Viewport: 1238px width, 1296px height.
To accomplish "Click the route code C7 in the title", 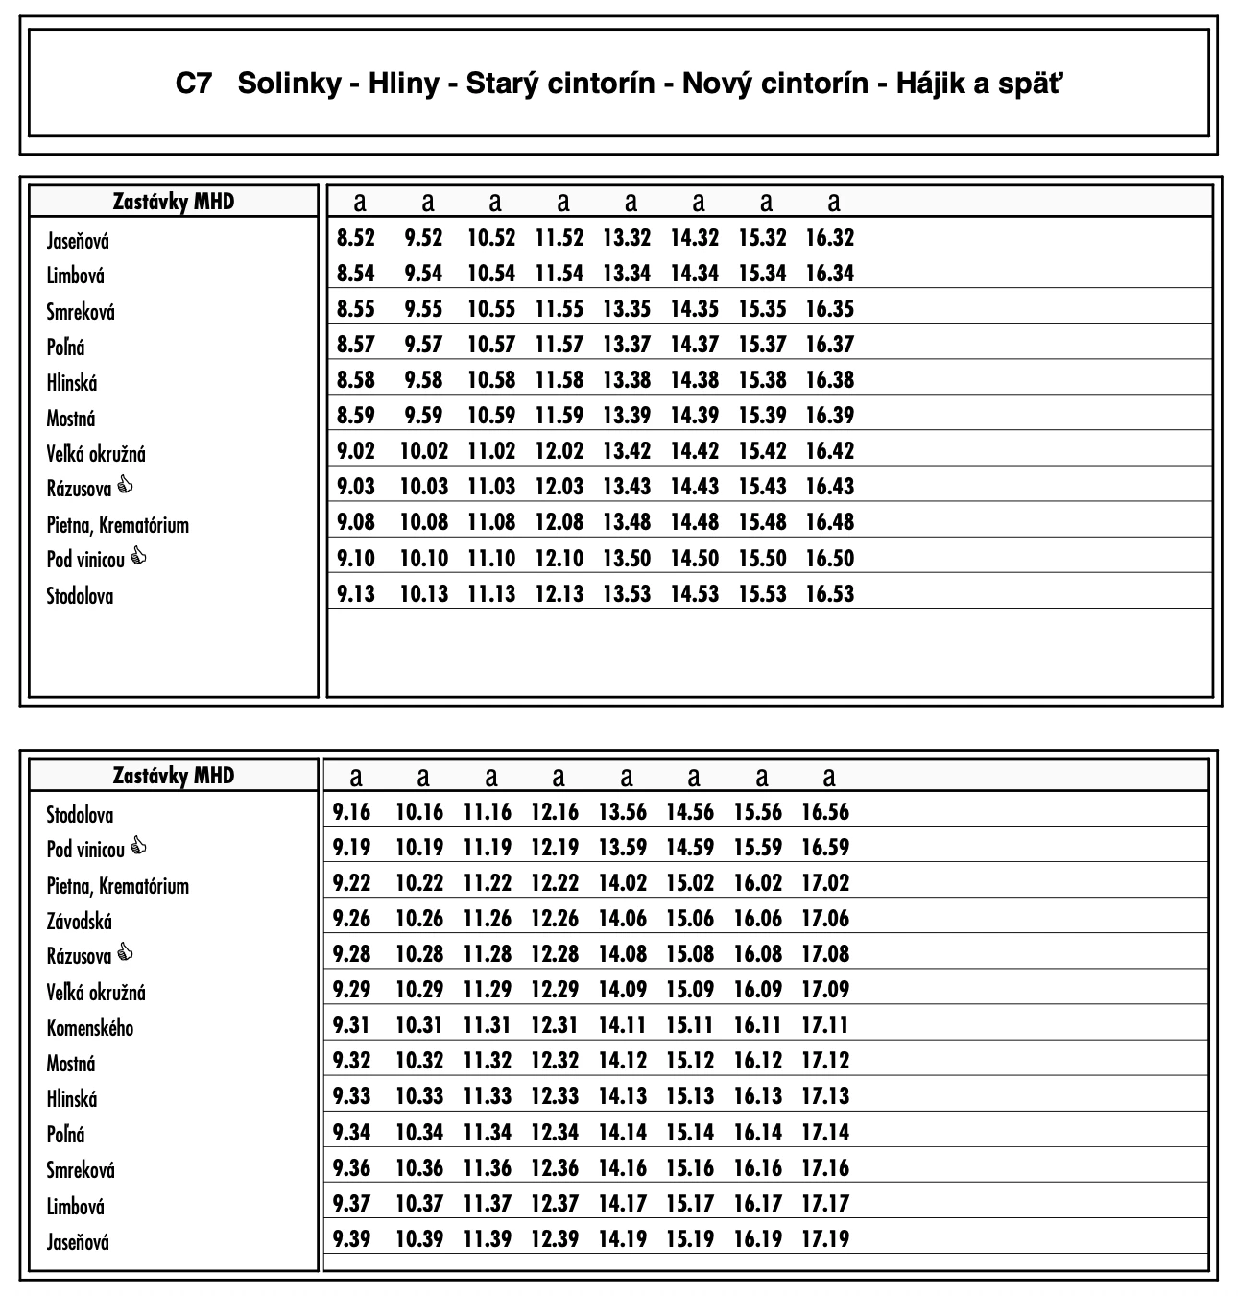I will (x=193, y=84).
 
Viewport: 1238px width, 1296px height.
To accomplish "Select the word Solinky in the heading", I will (x=289, y=84).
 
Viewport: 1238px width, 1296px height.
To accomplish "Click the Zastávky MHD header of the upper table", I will (x=174, y=202).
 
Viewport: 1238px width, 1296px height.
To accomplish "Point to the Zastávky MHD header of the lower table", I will (x=174, y=776).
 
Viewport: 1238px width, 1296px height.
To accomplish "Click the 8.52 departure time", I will (x=356, y=238).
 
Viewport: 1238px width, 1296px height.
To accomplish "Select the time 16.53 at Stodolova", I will (x=829, y=594).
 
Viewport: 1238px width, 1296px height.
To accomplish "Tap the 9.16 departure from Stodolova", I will (x=351, y=812).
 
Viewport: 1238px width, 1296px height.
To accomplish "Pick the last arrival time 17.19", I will (x=825, y=1239).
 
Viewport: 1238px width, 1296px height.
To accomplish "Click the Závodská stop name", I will (x=80, y=922).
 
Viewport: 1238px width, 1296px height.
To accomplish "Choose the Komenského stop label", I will (x=90, y=1028).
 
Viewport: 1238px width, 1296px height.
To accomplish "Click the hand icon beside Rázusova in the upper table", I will (x=125, y=486).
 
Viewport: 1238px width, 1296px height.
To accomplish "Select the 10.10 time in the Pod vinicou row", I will (x=423, y=559).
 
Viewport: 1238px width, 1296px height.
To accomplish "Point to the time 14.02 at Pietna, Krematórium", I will (x=623, y=883).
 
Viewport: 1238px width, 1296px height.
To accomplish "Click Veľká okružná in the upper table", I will (x=96, y=454).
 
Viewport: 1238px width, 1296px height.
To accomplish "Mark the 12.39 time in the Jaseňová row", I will (x=555, y=1239).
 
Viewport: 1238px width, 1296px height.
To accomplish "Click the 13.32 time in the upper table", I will (x=627, y=238).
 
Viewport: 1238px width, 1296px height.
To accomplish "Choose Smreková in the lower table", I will (x=81, y=1170).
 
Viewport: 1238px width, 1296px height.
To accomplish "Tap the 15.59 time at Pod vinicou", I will (x=758, y=848).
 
